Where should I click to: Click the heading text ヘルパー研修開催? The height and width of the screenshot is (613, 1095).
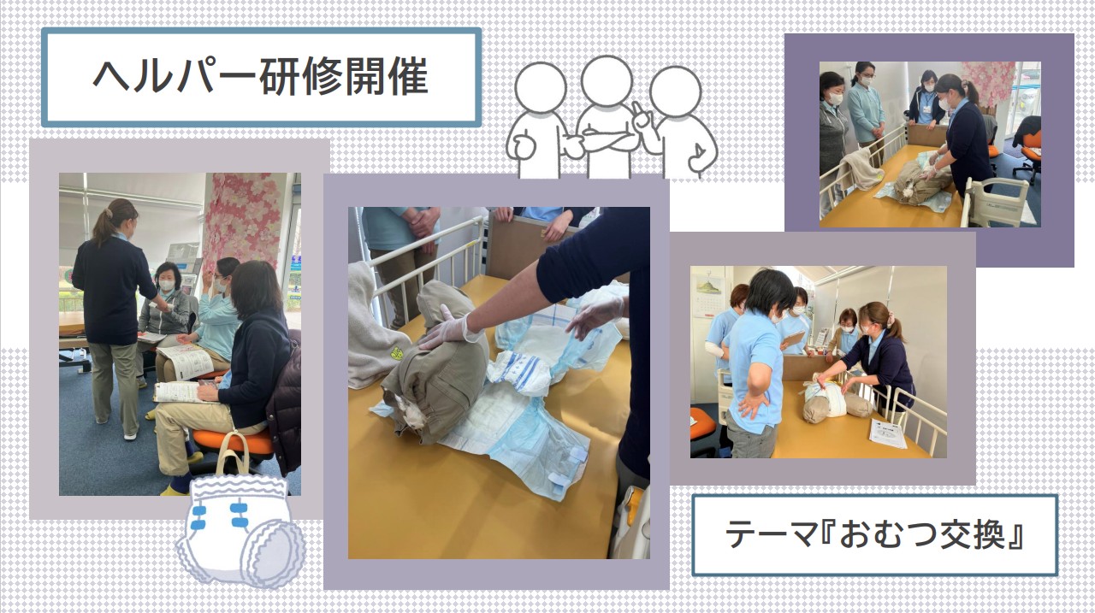point(261,77)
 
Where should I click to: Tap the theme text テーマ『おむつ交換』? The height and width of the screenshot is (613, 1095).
point(874,535)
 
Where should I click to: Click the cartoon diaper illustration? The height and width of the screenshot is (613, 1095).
point(240,530)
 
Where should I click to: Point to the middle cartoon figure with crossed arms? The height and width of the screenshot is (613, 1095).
point(607,117)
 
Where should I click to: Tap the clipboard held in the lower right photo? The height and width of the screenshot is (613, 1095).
point(794,340)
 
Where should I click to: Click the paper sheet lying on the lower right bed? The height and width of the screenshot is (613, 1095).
point(887,433)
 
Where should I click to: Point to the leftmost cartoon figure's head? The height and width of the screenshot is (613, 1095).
point(540,88)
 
